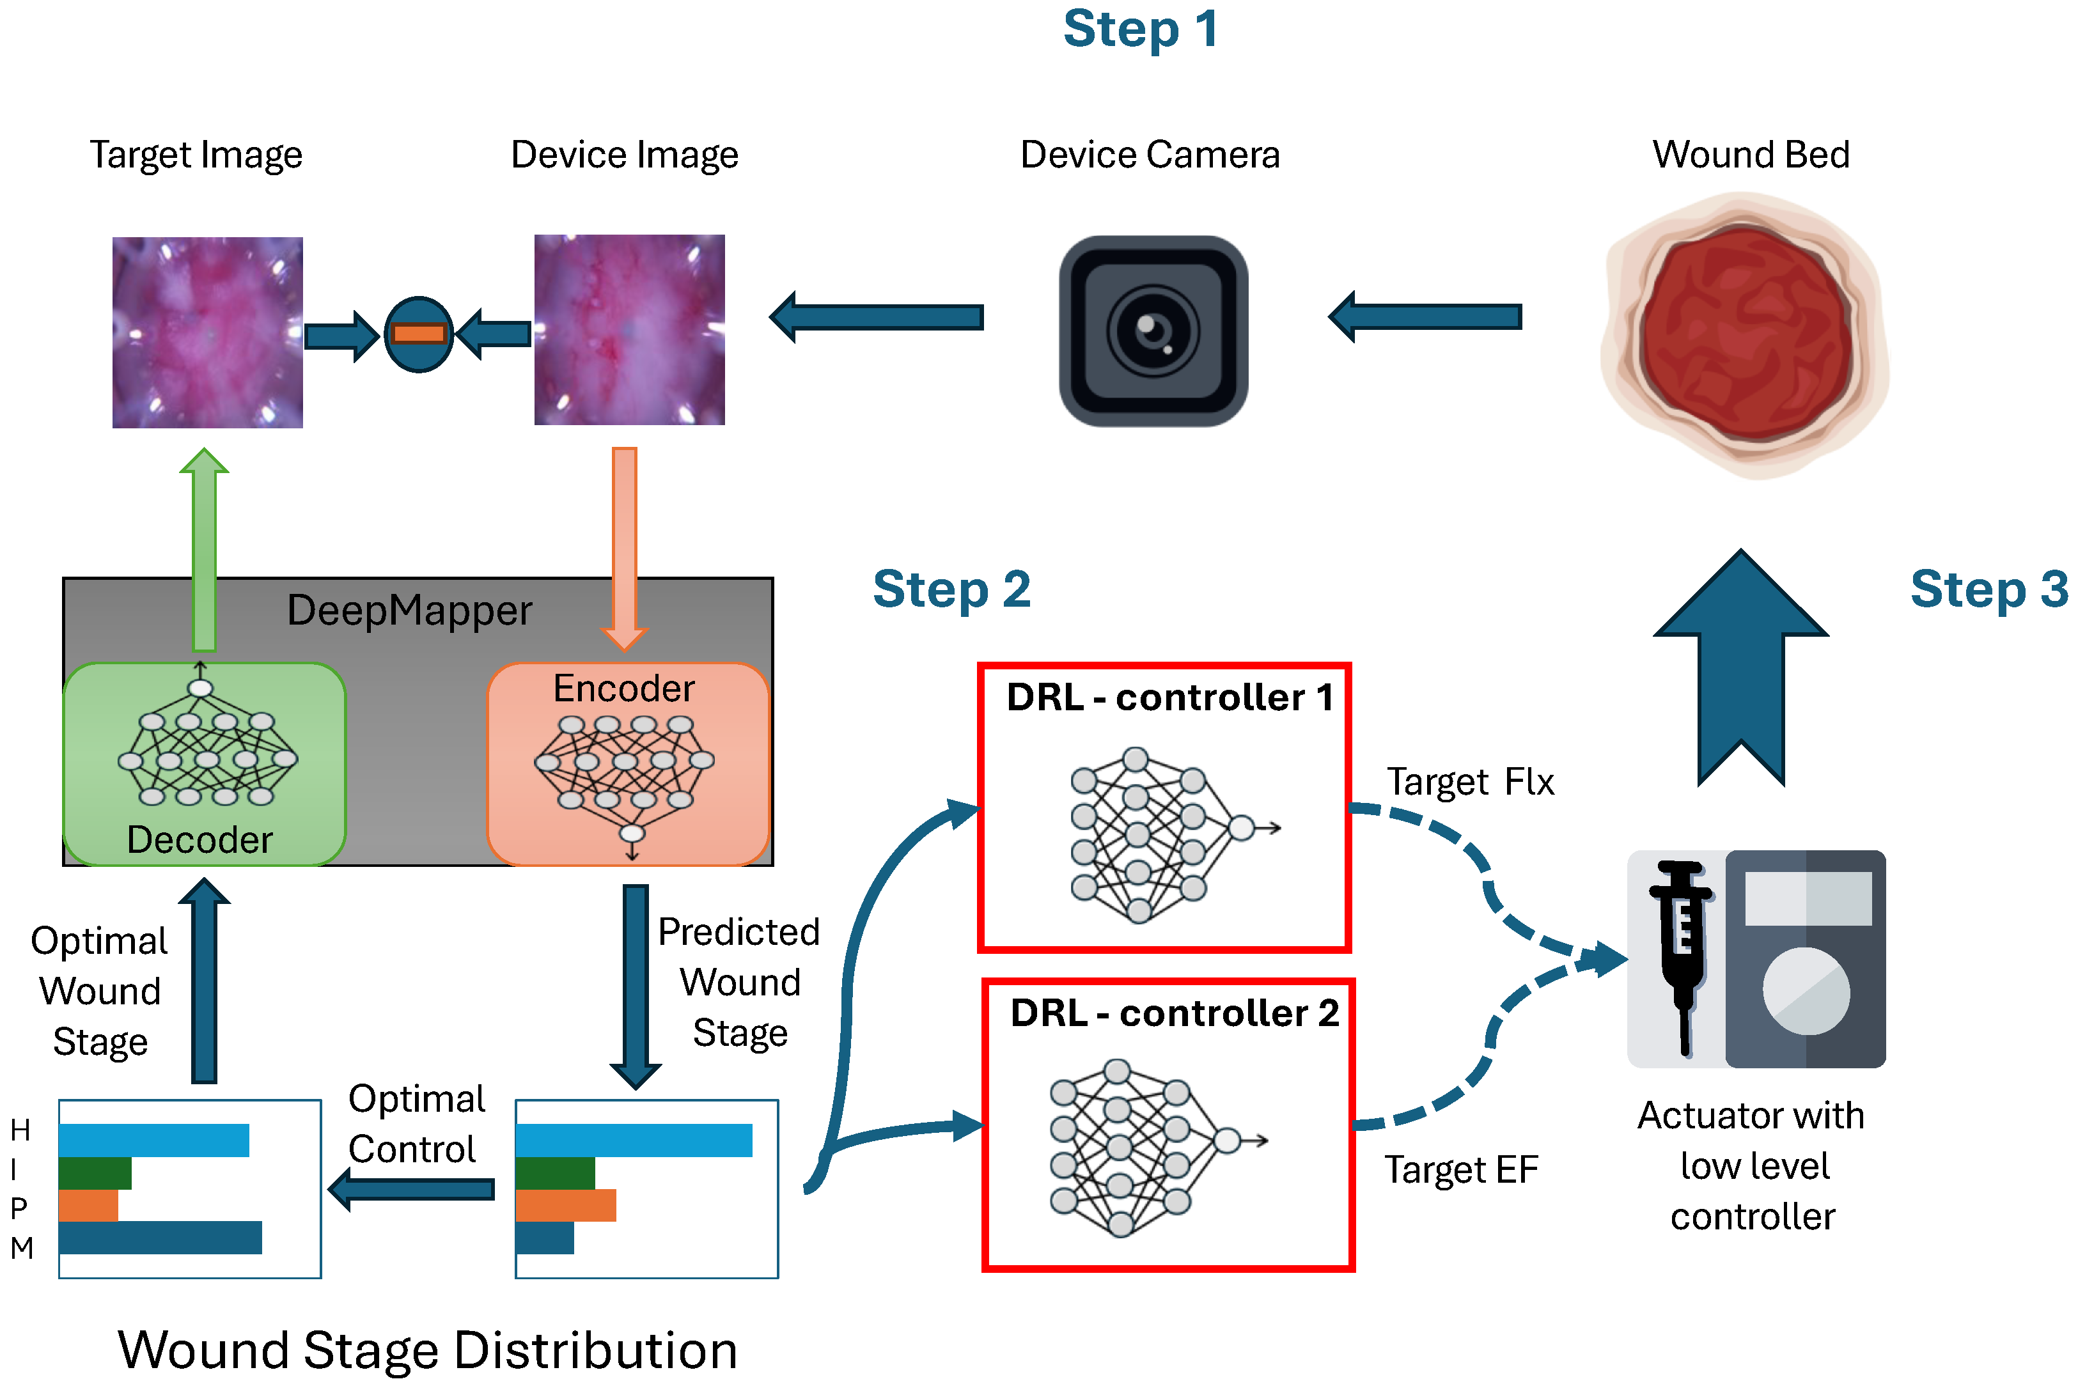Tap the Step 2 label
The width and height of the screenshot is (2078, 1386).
pos(952,589)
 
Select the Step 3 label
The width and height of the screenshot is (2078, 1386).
pos(1988,589)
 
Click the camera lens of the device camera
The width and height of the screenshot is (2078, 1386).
pos(1153,331)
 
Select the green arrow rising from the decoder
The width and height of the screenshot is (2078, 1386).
pos(204,548)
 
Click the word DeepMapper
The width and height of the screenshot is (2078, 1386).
pos(409,611)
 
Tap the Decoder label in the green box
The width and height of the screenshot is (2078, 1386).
pos(199,840)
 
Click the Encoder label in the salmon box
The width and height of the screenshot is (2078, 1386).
pos(624,689)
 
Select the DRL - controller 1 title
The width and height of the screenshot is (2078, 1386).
pos(1169,697)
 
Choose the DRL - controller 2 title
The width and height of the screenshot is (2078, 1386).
pos(1174,1013)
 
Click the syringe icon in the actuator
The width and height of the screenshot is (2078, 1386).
pos(1682,954)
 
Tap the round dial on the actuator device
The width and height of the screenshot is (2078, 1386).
pos(1806,991)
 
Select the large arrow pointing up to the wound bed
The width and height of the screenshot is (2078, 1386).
pos(1740,672)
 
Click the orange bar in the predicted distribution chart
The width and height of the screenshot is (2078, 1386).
pos(566,1206)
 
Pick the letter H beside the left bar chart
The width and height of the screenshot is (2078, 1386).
pos(20,1130)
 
